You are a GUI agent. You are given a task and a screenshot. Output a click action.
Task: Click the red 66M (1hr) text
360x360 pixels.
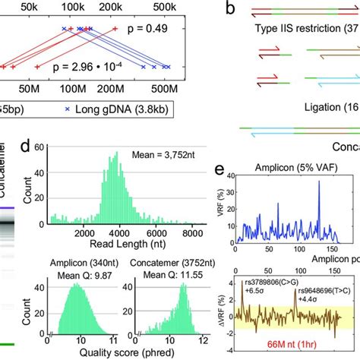(x=303, y=344)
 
